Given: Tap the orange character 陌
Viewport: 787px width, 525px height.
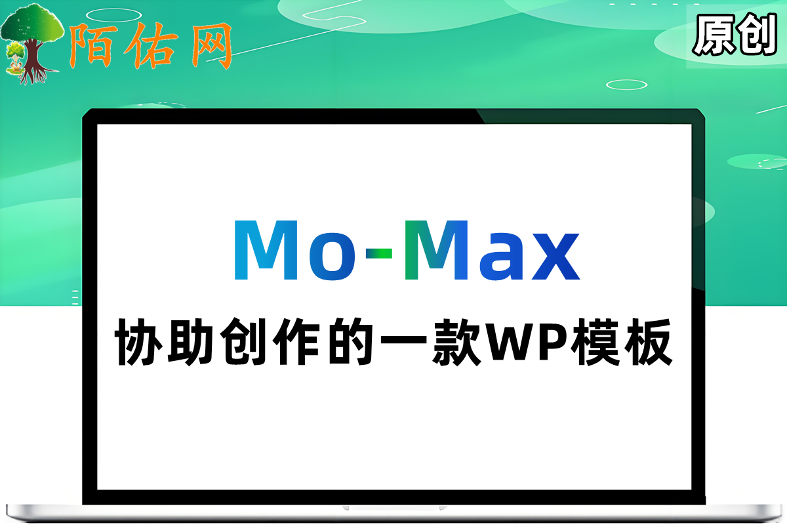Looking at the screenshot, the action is [x=91, y=46].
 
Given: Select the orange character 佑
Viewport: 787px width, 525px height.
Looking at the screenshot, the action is [x=150, y=46].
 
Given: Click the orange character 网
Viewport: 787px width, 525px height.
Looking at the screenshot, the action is [x=211, y=46].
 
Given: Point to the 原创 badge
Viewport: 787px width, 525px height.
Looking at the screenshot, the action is [x=735, y=35].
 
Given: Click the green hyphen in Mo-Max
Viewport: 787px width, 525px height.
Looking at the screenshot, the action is [x=379, y=253].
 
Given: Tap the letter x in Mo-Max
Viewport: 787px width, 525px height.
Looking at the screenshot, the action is [x=556, y=257].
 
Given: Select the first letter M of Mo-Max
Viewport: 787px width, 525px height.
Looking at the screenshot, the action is [x=266, y=250].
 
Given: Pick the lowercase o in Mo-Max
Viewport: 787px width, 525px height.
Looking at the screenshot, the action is [x=332, y=257].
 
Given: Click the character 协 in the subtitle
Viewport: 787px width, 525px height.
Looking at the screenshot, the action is [x=138, y=342].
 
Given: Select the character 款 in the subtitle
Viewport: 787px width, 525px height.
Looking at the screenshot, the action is [x=456, y=342].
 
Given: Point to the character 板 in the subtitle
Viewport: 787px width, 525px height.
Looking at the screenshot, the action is [x=648, y=342].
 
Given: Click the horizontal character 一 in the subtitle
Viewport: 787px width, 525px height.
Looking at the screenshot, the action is [x=403, y=340].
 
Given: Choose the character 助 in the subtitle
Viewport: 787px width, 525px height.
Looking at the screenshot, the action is [x=191, y=342].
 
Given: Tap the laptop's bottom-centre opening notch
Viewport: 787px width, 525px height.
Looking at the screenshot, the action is [x=394, y=508].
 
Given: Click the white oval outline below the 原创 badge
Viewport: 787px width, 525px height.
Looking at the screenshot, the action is [x=626, y=85].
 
